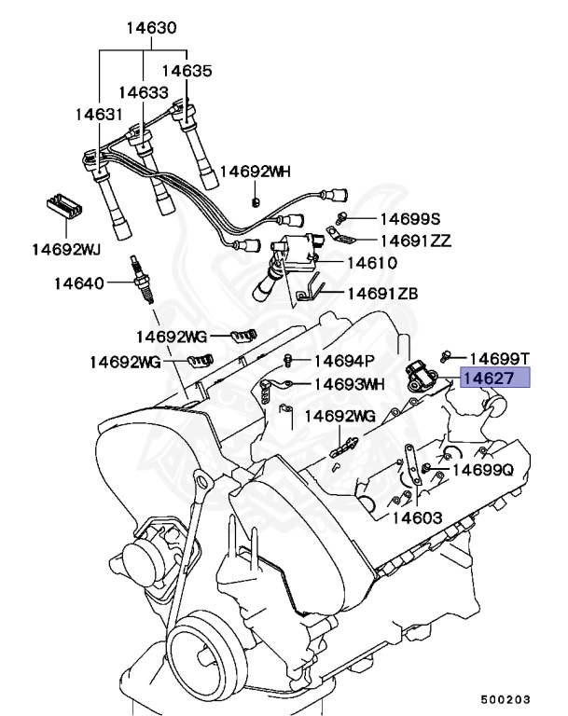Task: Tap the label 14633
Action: coord(144,92)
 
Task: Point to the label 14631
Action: coord(99,114)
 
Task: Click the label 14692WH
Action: coord(256,172)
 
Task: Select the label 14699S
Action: coord(409,218)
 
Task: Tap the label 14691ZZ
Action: coord(414,241)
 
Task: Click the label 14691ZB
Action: coord(382,293)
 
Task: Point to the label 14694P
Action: coord(344,361)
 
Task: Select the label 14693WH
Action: coord(349,383)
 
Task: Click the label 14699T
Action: coord(498,358)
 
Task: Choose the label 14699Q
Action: coord(483,471)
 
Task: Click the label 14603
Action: coord(416,517)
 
